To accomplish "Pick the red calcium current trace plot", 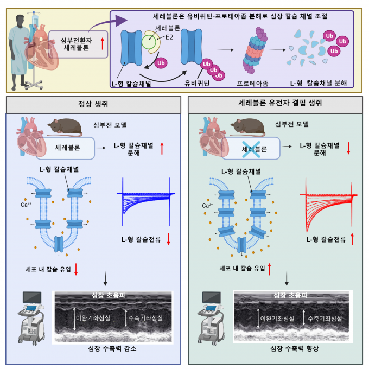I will (328, 203).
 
